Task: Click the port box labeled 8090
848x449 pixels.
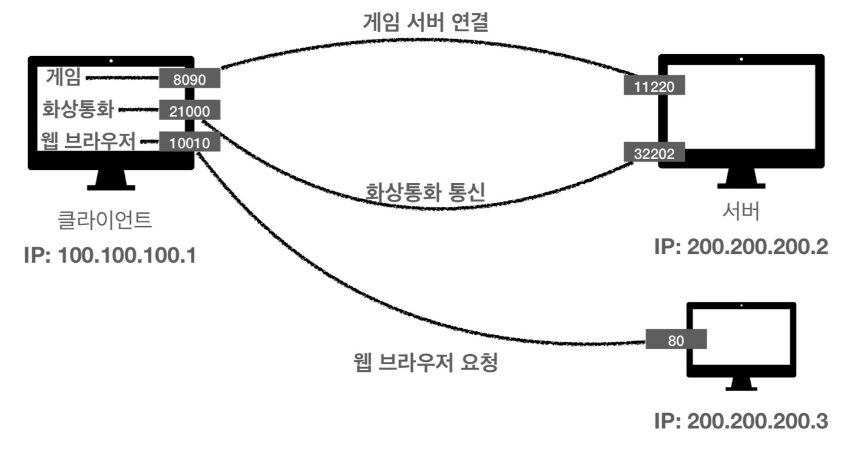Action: point(189,79)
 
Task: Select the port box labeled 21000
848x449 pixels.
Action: point(189,111)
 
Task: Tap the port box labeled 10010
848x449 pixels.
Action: point(189,142)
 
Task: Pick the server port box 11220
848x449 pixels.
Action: point(655,86)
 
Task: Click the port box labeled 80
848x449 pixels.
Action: point(675,339)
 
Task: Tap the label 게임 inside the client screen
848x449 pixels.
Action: point(63,77)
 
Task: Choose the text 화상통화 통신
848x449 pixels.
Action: point(425,193)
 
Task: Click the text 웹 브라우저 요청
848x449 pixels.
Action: point(425,363)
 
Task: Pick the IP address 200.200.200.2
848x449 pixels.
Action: point(741,247)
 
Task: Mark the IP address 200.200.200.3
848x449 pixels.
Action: point(741,422)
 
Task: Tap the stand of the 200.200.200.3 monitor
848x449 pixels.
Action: point(741,384)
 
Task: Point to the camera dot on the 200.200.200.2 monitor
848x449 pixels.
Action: point(741,59)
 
